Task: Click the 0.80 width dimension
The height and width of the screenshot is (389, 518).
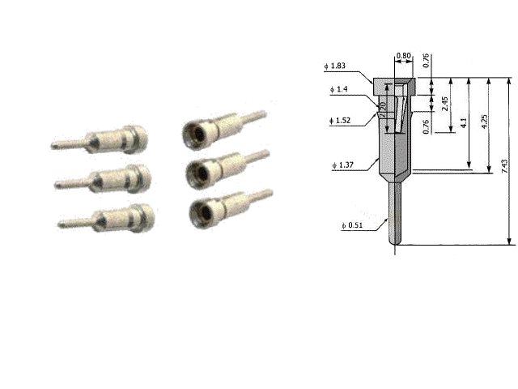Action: (x=402, y=58)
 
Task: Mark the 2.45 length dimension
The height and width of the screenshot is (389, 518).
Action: (x=444, y=105)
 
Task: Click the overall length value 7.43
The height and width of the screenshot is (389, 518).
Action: (x=505, y=166)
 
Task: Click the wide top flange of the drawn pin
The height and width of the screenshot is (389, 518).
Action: (x=394, y=80)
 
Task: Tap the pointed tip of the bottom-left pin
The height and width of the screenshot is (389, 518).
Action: (x=62, y=223)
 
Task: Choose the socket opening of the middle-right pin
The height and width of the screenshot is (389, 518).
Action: (x=196, y=172)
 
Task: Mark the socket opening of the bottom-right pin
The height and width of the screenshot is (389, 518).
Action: (x=198, y=212)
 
